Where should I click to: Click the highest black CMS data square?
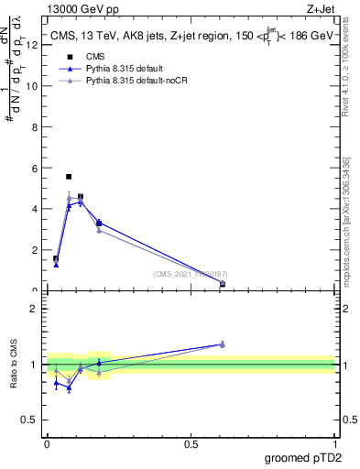click(69, 176)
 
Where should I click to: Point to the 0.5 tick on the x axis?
click(191, 443)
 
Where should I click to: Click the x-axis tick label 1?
click(334, 443)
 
